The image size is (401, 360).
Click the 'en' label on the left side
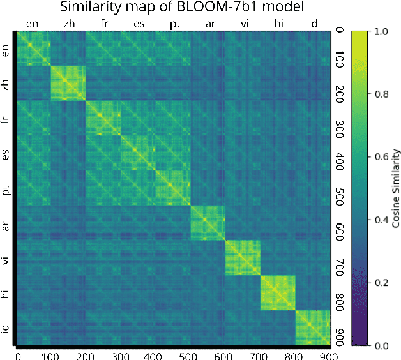6,50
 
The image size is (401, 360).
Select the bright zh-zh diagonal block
68,83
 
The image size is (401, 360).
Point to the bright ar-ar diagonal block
208,223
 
